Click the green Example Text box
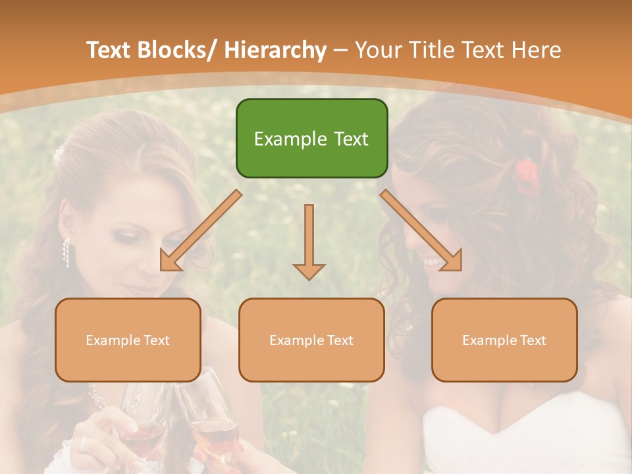(311, 138)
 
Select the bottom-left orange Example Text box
(128, 340)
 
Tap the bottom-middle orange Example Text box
(311, 340)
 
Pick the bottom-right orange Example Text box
(504, 340)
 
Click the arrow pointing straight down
(309, 241)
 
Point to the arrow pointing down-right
(422, 231)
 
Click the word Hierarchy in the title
(275, 50)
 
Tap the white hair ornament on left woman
(59, 154)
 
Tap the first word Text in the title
(110, 50)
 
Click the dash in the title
(340, 50)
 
